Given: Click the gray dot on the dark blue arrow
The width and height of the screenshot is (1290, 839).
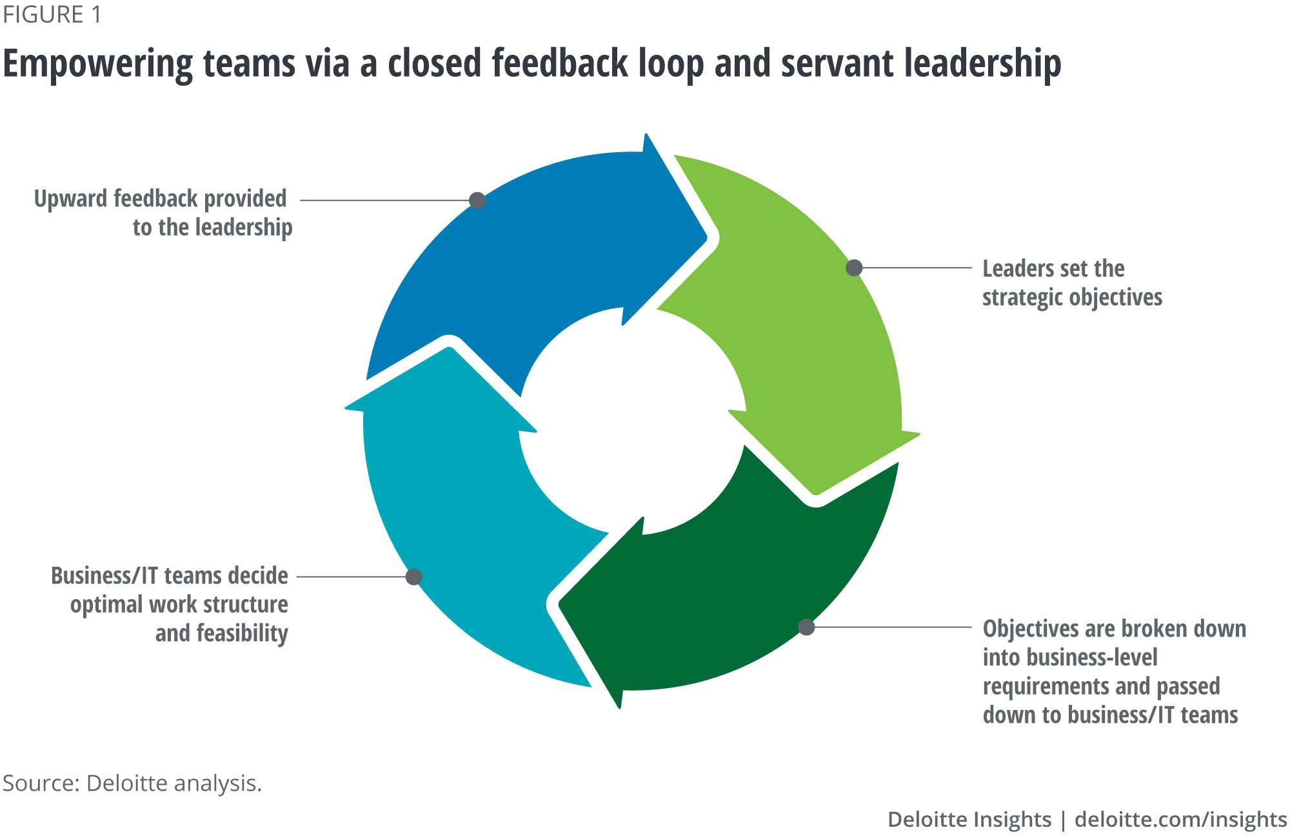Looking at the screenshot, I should [x=477, y=201].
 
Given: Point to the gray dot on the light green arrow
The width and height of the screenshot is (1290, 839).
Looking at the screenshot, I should [x=854, y=268].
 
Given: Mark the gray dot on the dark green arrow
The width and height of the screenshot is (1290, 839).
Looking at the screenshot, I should [x=806, y=627].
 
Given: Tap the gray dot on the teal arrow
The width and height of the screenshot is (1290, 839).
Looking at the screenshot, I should [x=414, y=577].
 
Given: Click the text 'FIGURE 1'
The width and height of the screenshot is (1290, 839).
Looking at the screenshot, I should [x=52, y=15].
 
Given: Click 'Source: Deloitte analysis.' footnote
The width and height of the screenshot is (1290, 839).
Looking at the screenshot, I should [x=132, y=784].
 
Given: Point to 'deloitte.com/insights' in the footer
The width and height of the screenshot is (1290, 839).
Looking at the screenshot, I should [x=1180, y=820].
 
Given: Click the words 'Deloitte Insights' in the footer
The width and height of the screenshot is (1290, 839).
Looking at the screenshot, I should [x=969, y=820].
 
